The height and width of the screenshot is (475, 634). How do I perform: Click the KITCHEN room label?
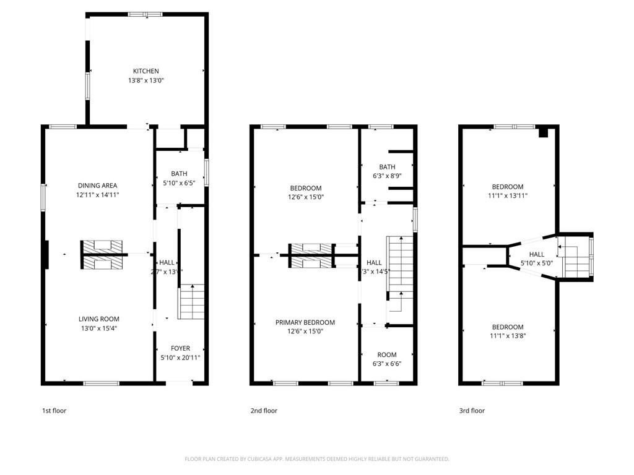[145, 71]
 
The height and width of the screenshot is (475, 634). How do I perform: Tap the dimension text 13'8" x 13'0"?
[145, 80]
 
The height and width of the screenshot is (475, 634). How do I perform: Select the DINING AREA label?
[97, 186]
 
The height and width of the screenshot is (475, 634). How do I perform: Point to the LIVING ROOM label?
[98, 319]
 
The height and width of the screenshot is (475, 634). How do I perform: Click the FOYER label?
[180, 348]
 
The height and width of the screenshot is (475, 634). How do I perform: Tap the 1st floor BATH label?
[179, 174]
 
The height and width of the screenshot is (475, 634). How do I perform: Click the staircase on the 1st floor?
[192, 302]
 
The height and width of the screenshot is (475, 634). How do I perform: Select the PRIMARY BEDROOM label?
[305, 322]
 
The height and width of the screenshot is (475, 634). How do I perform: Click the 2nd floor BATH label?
[387, 167]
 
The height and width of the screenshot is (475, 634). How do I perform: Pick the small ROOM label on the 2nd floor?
[387, 355]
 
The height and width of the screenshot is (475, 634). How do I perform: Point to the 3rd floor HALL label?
[537, 254]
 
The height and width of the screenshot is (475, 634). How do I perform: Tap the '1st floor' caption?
[54, 411]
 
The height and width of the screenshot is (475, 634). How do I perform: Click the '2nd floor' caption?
[264, 411]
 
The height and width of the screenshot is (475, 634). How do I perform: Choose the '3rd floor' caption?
[472, 411]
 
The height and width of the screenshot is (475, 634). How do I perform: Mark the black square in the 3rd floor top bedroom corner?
[544, 132]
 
